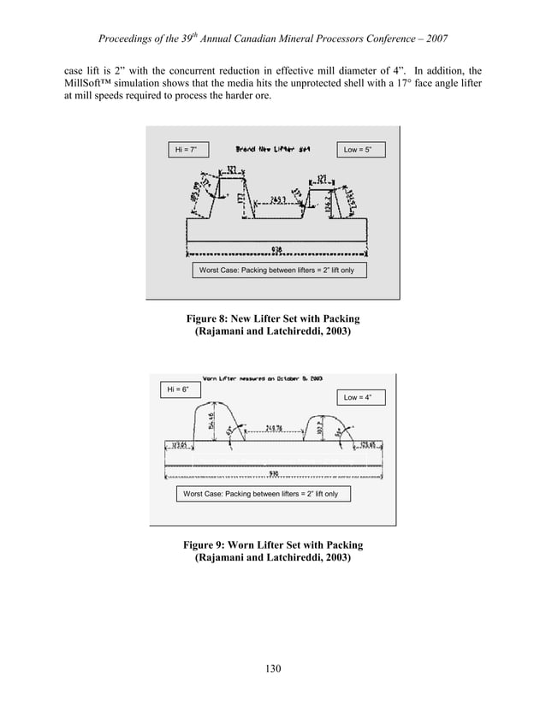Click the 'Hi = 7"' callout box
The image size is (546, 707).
coord(187,151)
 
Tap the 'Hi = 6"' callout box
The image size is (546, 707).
coord(176,390)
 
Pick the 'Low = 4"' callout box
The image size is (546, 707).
coord(363,397)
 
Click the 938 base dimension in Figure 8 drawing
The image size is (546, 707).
coord(277,249)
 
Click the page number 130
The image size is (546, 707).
coord(272,668)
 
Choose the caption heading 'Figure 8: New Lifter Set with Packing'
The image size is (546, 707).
coord(272,318)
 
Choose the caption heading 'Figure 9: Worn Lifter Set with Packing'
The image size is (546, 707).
coord(272,545)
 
